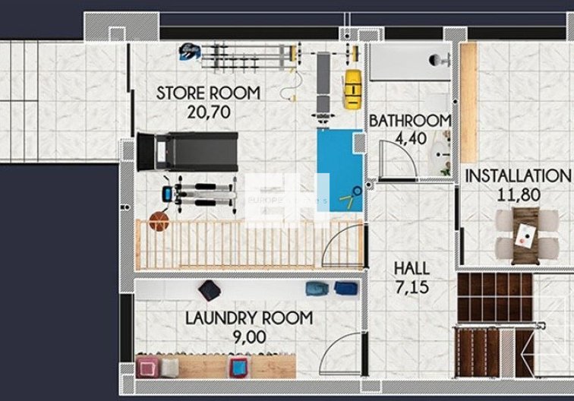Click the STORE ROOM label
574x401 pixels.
(208, 93)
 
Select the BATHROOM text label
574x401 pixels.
(410, 121)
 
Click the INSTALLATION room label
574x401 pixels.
(517, 176)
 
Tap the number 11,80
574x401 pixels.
(519, 194)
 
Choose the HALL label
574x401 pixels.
(412, 268)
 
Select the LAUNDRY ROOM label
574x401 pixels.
(248, 318)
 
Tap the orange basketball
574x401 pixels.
(158, 221)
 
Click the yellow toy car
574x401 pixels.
(351, 87)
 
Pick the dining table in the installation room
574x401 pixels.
(524, 232)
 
